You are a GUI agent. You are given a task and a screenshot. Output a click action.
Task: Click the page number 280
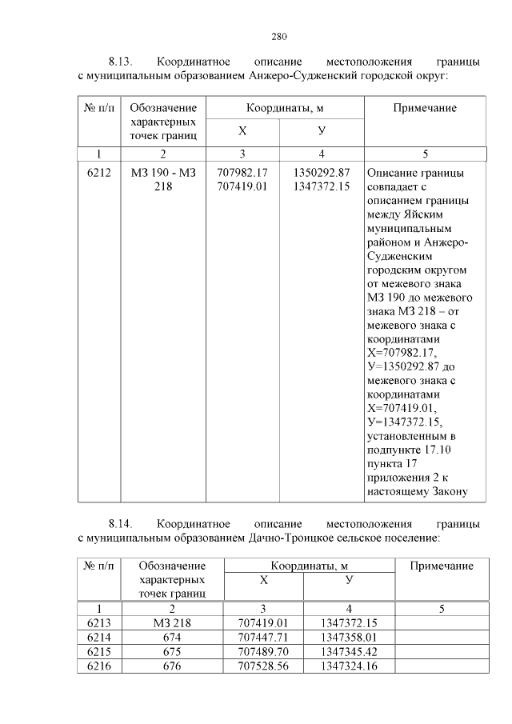coord(279,36)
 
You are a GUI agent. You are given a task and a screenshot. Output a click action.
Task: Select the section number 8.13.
coord(121,62)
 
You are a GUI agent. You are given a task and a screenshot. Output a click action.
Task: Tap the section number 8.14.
coord(121,524)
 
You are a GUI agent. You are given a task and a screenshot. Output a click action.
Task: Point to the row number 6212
coord(98,173)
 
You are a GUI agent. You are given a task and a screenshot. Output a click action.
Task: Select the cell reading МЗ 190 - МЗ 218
coord(162,180)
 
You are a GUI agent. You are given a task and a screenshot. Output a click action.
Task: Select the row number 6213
coord(98,623)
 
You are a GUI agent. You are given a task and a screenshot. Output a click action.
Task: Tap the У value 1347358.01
coord(348,638)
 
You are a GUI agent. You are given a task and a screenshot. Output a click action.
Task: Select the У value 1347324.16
coord(348,666)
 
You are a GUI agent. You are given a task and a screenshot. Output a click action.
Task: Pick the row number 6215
coord(98,652)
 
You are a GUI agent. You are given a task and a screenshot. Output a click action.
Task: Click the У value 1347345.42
coord(348,652)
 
